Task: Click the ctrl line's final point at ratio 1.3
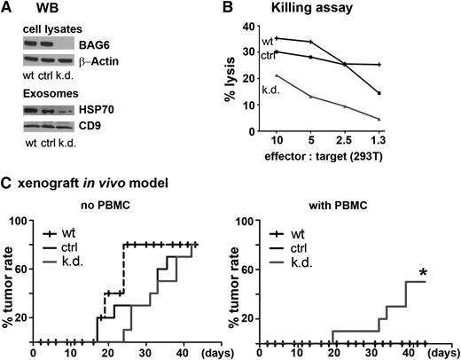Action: pos(405,93)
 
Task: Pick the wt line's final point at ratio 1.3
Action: pos(405,65)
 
